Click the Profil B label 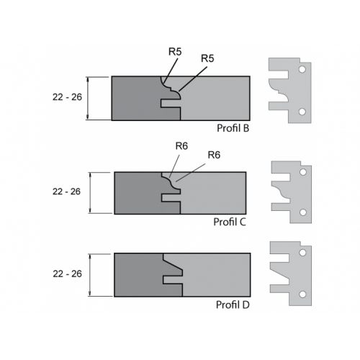pos(233,128)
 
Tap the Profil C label pos(230,222)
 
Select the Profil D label pos(233,305)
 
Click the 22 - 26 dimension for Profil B pos(67,97)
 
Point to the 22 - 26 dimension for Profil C pos(66,192)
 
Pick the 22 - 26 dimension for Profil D pos(68,274)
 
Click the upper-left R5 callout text pos(175,52)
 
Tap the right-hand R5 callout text pos(207,58)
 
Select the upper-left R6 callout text pos(181,146)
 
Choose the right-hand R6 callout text pos(214,155)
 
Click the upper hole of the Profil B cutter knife pos(302,70)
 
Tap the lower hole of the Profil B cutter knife pos(302,112)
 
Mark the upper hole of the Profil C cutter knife pos(303,172)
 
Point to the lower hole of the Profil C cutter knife pos(303,212)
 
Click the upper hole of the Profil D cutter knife pos(302,253)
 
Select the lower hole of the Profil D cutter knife pos(302,294)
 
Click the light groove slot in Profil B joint pos(171,104)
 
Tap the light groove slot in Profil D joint pos(173,280)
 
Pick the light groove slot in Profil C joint pos(171,198)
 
